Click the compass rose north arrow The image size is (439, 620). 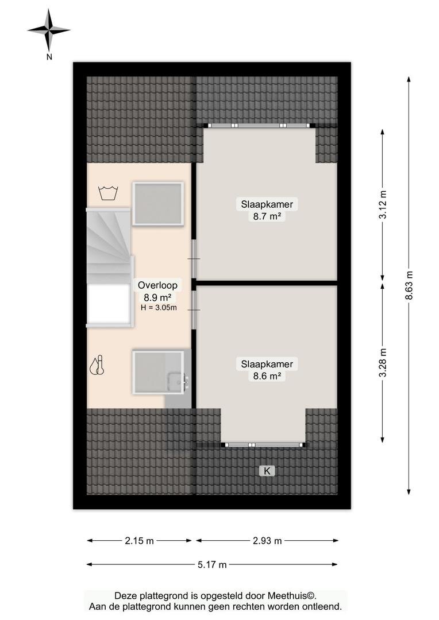[x=49, y=30]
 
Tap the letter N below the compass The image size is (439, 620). [x=49, y=57]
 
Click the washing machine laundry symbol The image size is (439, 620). [x=108, y=193]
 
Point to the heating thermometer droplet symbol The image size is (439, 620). [x=97, y=365]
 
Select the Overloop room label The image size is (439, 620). [x=157, y=285]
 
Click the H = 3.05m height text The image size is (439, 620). [x=159, y=307]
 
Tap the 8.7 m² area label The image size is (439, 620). [x=267, y=216]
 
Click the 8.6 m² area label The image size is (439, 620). [x=267, y=376]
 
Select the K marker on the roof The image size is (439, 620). [x=267, y=471]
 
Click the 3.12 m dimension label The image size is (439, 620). [x=383, y=204]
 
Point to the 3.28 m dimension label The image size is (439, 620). [x=383, y=363]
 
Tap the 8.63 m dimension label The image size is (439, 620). [x=409, y=285]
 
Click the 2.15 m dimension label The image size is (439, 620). [x=139, y=541]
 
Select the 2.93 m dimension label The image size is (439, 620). [x=267, y=541]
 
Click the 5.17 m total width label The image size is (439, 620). [x=212, y=565]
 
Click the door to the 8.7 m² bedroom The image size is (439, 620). [x=194, y=258]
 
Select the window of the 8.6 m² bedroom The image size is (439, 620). [x=264, y=445]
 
